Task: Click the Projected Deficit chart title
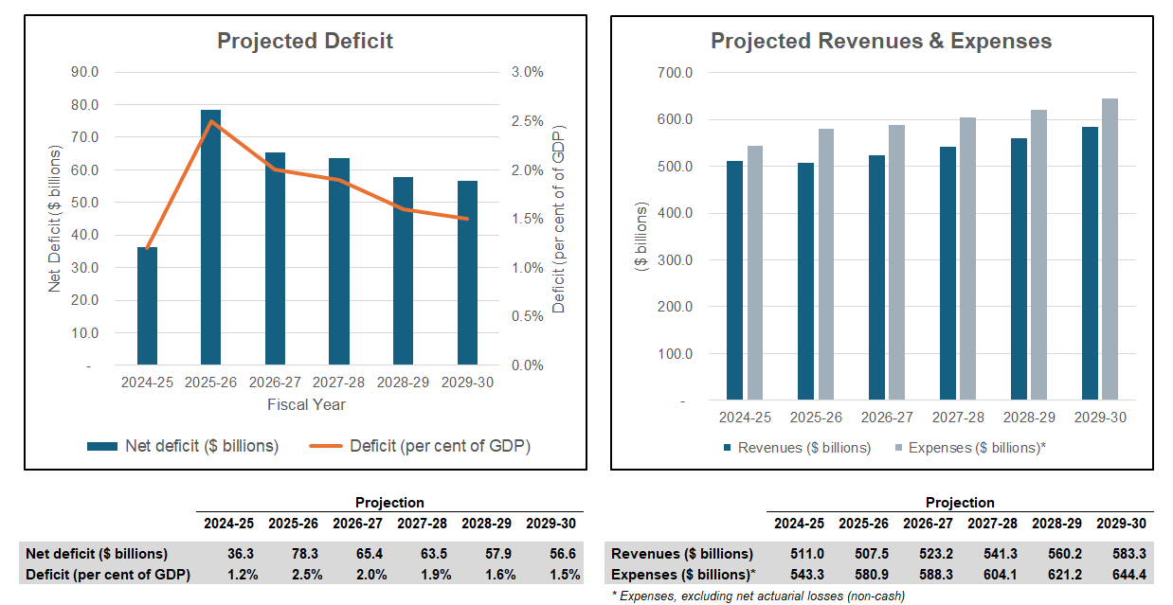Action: point(305,41)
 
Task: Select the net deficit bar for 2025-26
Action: point(210,237)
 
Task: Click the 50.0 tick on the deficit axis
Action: point(93,203)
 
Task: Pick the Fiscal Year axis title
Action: point(305,404)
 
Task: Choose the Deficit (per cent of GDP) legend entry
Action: point(421,446)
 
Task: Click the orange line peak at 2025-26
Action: point(211,121)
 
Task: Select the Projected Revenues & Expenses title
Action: point(881,41)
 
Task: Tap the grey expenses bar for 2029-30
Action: point(1110,249)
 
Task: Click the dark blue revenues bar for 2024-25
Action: point(735,280)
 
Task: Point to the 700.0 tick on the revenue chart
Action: point(675,73)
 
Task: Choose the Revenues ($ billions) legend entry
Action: point(796,447)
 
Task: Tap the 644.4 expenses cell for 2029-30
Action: point(1121,574)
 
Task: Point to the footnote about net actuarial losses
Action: point(758,596)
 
